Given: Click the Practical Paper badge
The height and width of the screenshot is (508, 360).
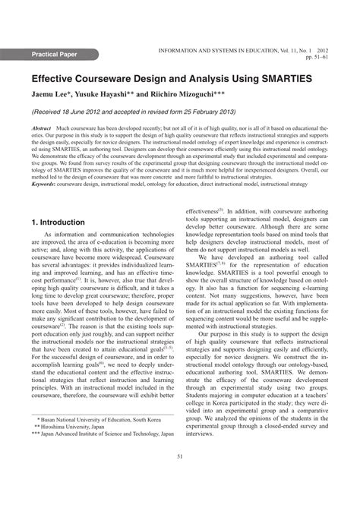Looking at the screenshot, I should (65, 55).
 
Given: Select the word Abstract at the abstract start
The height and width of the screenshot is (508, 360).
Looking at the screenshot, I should (41, 130).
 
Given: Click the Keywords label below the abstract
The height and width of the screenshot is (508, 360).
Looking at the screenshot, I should (43, 183).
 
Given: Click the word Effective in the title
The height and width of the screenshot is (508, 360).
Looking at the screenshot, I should (58, 77).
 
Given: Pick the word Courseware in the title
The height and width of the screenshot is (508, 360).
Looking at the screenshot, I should (121, 77).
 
